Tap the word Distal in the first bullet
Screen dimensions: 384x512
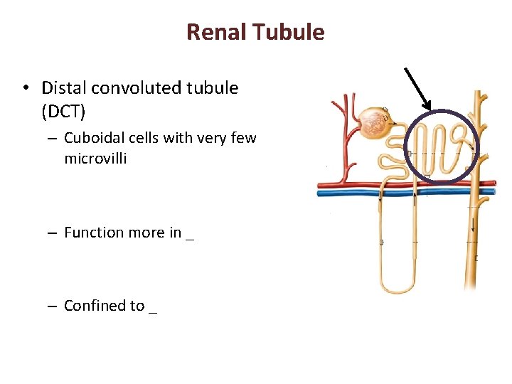click(x=63, y=88)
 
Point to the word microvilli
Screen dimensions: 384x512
click(x=95, y=159)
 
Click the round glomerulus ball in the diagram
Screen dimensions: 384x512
click(x=373, y=123)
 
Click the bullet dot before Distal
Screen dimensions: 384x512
click(x=25, y=89)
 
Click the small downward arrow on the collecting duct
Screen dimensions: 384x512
click(x=473, y=226)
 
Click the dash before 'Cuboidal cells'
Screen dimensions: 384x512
click(x=53, y=139)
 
